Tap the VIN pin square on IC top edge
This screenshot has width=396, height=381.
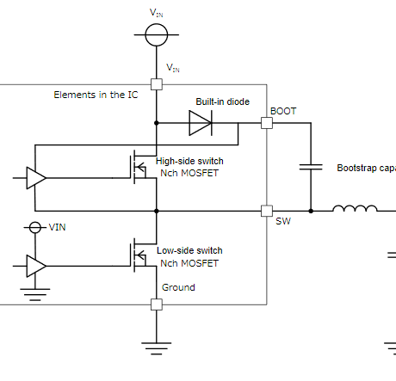tap(156, 84)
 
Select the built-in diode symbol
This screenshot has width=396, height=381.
tap(201, 123)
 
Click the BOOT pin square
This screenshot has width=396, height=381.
tap(267, 123)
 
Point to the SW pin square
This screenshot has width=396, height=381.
tap(267, 210)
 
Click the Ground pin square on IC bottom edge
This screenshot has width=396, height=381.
tap(156, 304)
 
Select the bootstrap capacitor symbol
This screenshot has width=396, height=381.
tap(310, 167)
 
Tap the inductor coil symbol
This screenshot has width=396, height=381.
tap(354, 209)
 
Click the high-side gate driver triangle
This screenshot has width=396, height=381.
tap(36, 177)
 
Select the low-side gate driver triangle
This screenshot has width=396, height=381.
tap(36, 266)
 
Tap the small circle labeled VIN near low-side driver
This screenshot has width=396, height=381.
tap(35, 227)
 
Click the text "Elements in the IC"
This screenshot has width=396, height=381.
tap(96, 95)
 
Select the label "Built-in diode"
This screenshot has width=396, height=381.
tap(222, 101)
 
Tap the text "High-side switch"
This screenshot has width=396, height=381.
tap(189, 161)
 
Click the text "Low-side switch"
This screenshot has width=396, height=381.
tap(189, 250)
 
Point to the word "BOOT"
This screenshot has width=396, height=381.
tap(284, 111)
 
